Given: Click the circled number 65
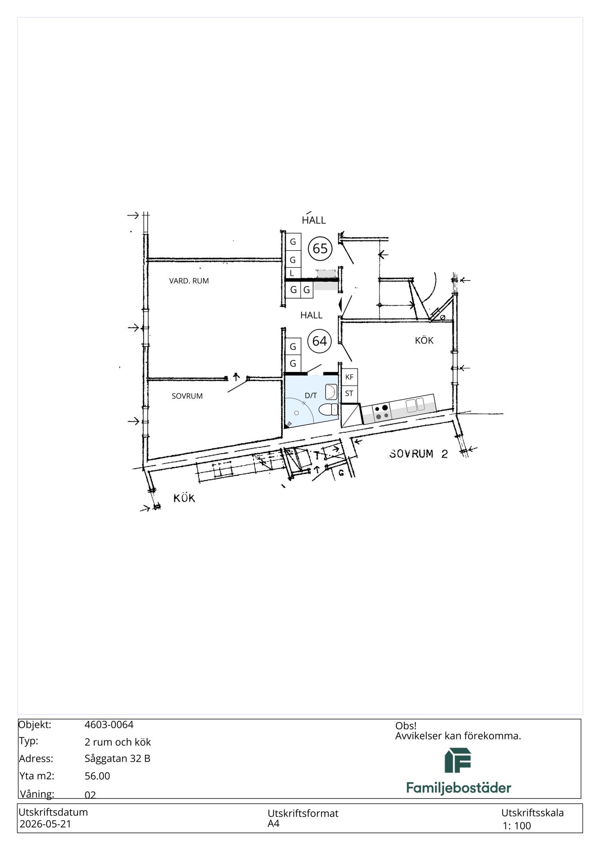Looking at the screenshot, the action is click(320, 248).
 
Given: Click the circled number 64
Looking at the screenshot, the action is click(320, 341).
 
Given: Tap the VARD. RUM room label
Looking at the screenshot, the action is click(189, 281).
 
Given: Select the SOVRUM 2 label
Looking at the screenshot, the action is click(419, 453).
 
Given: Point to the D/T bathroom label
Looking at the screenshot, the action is click(311, 395).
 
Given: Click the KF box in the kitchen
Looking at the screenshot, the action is click(349, 377).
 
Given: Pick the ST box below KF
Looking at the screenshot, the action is click(349, 394).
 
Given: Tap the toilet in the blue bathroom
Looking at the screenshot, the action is click(328, 410).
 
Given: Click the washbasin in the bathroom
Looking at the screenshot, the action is click(331, 392).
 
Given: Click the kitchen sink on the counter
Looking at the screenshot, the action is click(415, 405).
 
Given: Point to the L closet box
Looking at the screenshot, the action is click(293, 273).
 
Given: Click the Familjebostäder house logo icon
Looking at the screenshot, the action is click(458, 760).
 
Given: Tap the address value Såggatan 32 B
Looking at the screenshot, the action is click(117, 758).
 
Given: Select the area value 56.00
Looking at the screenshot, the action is click(97, 776).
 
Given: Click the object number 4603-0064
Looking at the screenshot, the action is click(109, 725).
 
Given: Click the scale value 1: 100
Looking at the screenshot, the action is click(517, 826).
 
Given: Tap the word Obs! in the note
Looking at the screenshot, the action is click(406, 725).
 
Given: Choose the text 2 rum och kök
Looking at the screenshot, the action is click(118, 742).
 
